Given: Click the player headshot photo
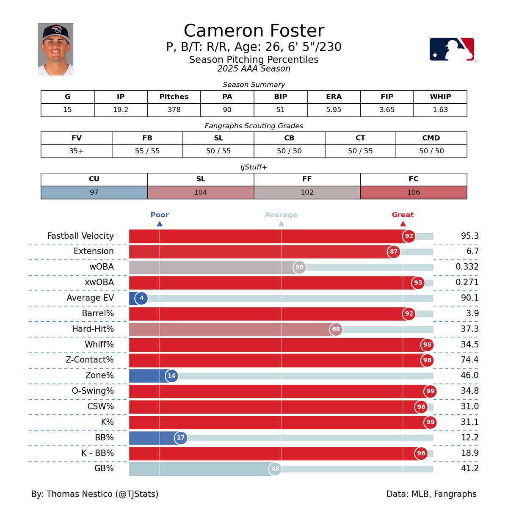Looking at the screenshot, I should [x=55, y=49].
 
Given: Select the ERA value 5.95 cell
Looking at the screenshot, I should [x=334, y=110].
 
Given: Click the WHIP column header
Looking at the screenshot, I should [x=440, y=97].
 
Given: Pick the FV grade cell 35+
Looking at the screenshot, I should [x=76, y=151].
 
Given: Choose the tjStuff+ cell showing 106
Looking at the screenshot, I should [x=413, y=192].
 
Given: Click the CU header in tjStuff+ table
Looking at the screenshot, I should [x=94, y=179].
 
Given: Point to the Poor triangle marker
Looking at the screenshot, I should [x=160, y=224].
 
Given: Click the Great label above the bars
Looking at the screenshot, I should [x=403, y=215].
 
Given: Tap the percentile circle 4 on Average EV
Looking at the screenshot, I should [x=141, y=298].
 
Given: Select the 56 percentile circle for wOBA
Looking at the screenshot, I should [x=299, y=267].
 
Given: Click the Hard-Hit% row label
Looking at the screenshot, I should [x=93, y=329].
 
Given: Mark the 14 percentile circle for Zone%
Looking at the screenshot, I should [x=171, y=375].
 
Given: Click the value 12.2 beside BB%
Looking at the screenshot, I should [x=469, y=438].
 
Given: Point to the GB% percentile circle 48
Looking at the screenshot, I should [x=275, y=469].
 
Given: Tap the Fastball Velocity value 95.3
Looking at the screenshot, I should [x=469, y=236].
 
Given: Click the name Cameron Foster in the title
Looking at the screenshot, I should [x=254, y=31].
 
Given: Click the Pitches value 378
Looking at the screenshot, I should [x=174, y=110].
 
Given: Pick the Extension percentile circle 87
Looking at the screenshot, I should [x=394, y=251].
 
